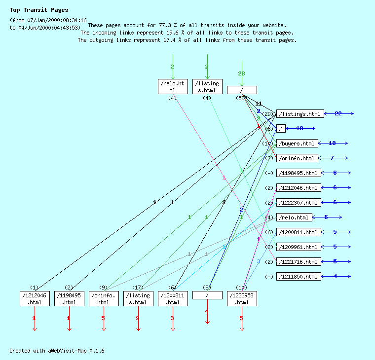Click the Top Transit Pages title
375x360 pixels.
click(39, 10)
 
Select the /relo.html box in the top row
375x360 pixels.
click(172, 86)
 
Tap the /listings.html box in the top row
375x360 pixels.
click(207, 86)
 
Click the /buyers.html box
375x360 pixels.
click(297, 144)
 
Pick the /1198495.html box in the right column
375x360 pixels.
click(299, 173)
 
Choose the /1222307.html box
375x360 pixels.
click(299, 203)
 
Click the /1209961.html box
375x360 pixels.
click(299, 247)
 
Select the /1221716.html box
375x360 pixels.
click(299, 262)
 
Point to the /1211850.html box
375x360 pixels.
click(299, 277)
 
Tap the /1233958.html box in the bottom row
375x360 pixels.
click(242, 298)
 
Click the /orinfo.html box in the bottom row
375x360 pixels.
click(104, 298)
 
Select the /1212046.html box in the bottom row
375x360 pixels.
click(35, 298)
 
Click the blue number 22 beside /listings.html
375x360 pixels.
click(338, 114)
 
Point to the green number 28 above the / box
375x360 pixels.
click(241, 74)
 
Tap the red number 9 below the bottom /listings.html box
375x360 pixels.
click(138, 318)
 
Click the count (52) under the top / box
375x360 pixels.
click(241, 98)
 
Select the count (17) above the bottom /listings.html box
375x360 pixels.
click(138, 288)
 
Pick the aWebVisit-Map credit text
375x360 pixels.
click(57, 351)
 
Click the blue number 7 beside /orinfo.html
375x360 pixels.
click(332, 158)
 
